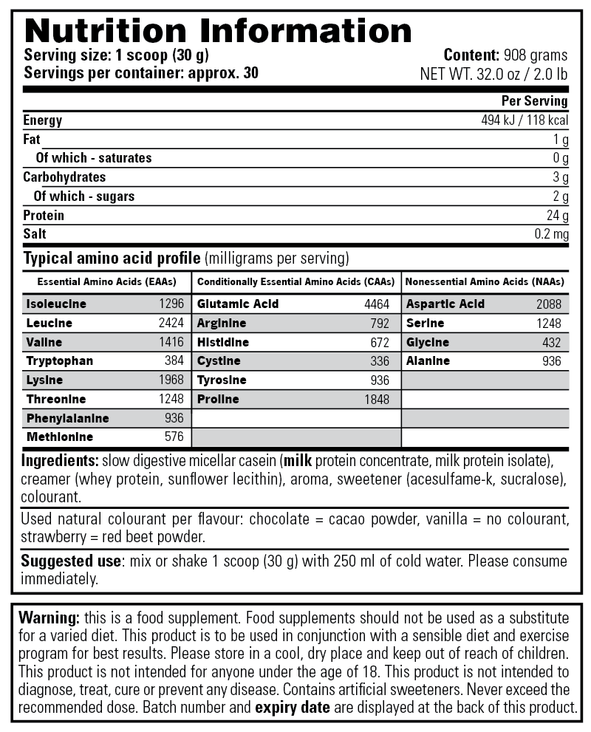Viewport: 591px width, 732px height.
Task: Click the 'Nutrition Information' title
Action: coord(218,30)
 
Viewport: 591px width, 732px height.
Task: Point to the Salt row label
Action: coord(35,234)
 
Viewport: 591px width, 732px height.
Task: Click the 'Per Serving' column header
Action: coord(534,101)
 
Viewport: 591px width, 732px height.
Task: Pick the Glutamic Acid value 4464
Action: coord(376,304)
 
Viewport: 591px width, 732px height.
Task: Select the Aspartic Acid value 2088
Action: coord(548,304)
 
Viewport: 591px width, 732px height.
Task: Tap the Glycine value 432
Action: coord(551,343)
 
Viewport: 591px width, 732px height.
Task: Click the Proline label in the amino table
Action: coord(218,400)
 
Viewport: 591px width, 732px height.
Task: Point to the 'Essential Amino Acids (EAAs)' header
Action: coord(106,282)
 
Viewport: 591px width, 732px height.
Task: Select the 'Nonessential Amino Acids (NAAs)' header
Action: coord(485,282)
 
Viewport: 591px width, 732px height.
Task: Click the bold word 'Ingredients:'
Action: coord(60,461)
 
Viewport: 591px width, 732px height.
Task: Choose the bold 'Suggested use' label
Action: coord(70,561)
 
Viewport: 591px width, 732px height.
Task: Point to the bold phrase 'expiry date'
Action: coord(293,707)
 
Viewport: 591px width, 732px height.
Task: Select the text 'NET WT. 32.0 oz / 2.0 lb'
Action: coord(493,73)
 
